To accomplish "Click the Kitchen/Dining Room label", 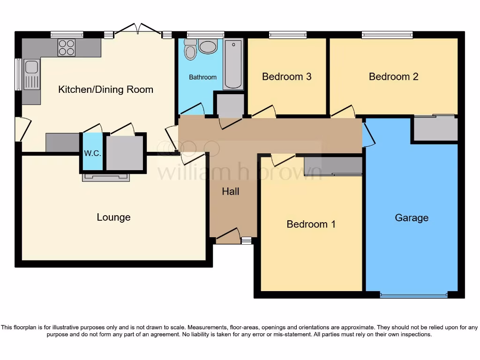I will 105,90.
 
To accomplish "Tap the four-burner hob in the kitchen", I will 66,47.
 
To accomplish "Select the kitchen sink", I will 31,67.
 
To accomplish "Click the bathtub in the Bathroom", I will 233,64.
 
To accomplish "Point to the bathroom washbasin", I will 208,46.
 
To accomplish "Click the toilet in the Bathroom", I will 190,50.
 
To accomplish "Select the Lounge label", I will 113,217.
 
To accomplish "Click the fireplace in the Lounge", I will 105,177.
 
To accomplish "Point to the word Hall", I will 231,191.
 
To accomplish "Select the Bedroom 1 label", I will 311,224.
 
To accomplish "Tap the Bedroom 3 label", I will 286,76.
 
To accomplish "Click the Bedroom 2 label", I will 393,76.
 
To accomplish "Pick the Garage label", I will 412,218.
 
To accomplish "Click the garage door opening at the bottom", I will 413,295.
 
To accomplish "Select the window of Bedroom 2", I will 387,35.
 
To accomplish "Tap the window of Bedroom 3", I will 287,35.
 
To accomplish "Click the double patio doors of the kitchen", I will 138,31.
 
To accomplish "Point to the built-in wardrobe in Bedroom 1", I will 333,166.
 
